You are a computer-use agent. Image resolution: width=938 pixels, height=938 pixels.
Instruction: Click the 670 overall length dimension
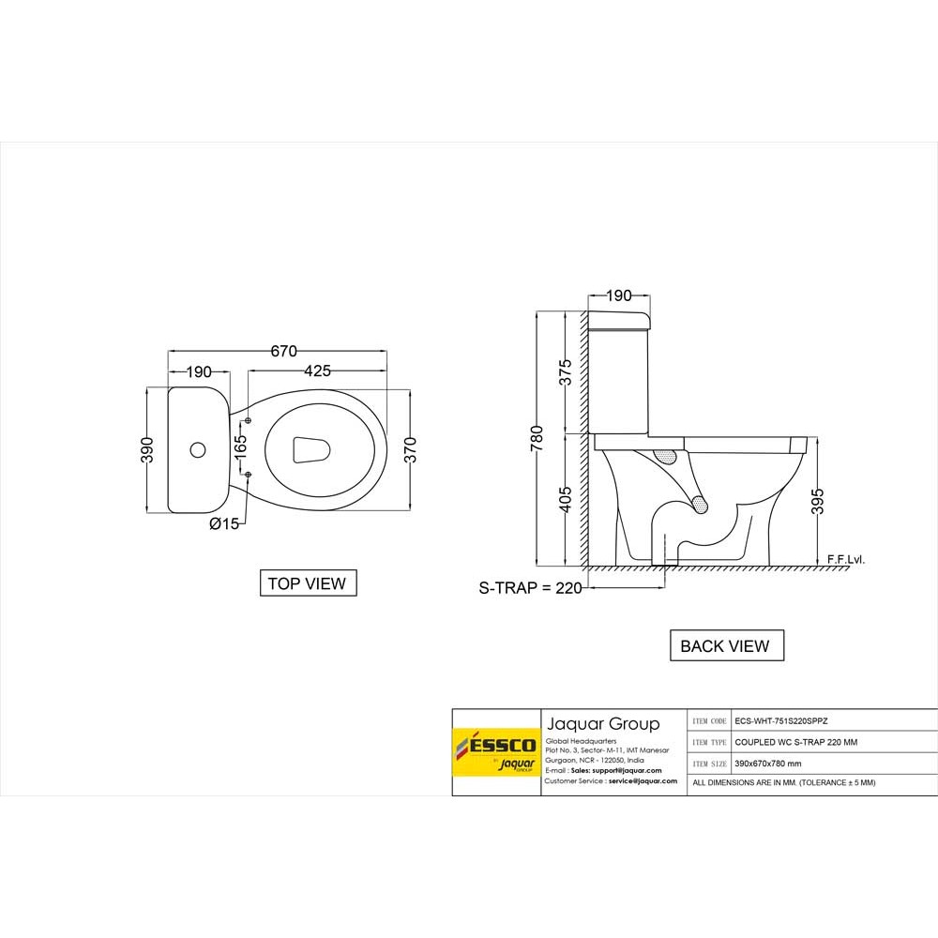pyautogui.click(x=283, y=351)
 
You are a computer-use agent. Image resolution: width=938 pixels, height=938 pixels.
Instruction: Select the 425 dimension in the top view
pyautogui.click(x=317, y=371)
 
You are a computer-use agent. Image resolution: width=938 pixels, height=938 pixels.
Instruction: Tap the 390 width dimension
pyautogui.click(x=147, y=450)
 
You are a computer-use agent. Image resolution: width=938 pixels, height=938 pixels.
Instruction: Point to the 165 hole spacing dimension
pyautogui.click(x=240, y=446)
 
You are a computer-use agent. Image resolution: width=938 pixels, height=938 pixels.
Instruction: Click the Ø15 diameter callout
pyautogui.click(x=224, y=524)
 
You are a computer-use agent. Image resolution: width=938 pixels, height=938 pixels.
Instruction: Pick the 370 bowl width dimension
pyautogui.click(x=410, y=450)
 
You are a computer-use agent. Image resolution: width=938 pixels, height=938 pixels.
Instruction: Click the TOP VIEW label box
pyautogui.click(x=308, y=583)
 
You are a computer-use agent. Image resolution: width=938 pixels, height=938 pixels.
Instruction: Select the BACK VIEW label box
pyautogui.click(x=726, y=645)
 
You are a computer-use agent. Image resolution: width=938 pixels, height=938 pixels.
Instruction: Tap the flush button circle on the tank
pyautogui.click(x=197, y=450)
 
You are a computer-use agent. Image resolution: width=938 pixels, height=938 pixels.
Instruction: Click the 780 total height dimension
pyautogui.click(x=537, y=438)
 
